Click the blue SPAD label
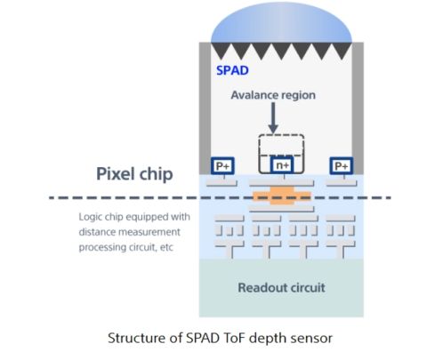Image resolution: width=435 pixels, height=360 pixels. pos(231,68)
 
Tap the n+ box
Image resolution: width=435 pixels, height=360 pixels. pos(281,164)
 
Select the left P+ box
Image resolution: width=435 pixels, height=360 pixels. pos(222,165)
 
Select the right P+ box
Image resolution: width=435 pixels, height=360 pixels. pos(340,165)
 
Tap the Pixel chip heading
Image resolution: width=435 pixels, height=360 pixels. pos(135,173)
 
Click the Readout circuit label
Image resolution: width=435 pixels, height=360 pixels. pos(281,287)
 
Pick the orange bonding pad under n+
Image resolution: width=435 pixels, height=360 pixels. pos(281,195)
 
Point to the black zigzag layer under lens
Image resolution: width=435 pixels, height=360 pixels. pos(281,50)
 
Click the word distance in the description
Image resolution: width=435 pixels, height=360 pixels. pos(98,232)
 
